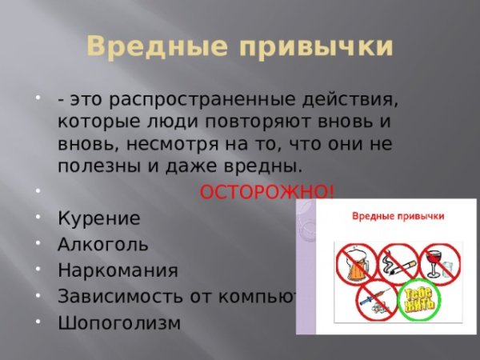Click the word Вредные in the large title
click(148, 47)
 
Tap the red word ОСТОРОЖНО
click(266, 192)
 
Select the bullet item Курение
click(98, 218)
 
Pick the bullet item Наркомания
click(118, 270)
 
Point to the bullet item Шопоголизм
click(119, 322)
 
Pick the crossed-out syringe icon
click(374, 300)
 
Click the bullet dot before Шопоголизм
click(39, 322)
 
